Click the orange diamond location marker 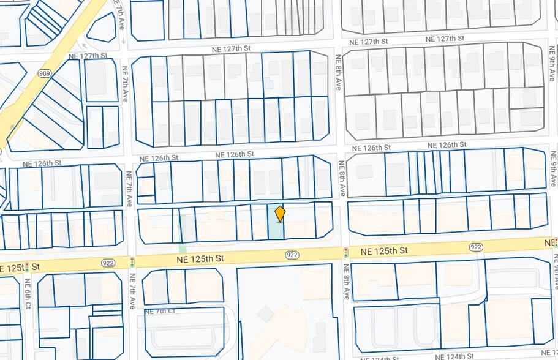(x=280, y=214)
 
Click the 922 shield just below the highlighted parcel (x=292, y=255)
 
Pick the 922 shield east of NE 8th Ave (x=476, y=247)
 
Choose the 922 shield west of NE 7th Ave (x=108, y=263)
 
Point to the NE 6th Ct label (x=28, y=293)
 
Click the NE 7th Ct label (x=162, y=311)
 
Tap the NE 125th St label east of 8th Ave (x=384, y=251)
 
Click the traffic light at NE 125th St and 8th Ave (x=345, y=252)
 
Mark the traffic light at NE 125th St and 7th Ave (x=132, y=261)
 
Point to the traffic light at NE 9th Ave (x=555, y=242)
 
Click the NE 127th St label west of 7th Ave (x=89, y=56)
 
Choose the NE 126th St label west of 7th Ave (x=42, y=163)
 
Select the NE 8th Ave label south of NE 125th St (x=347, y=282)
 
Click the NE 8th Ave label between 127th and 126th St (x=337, y=73)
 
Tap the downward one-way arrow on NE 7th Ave (x=124, y=42)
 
